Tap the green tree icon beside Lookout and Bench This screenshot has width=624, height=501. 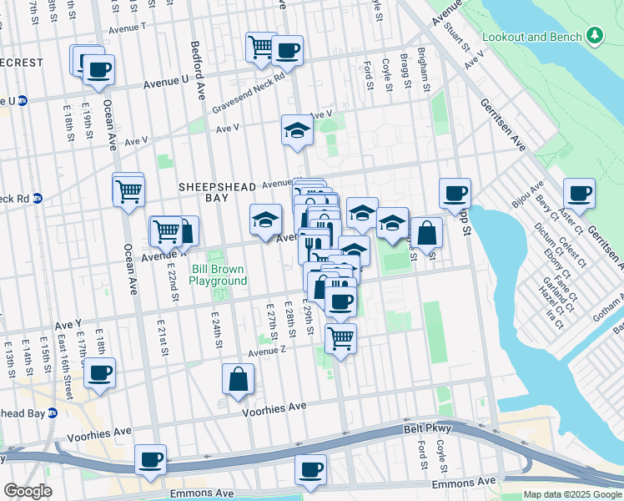594,36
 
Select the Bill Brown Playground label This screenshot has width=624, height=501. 219,276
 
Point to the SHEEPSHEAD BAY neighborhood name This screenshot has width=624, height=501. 213,188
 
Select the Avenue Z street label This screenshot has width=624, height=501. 266,352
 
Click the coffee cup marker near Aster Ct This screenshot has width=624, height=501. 579,194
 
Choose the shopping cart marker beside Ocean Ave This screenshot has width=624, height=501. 128,190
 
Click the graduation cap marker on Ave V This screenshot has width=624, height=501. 296,130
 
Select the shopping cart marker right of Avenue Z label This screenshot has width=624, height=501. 340,337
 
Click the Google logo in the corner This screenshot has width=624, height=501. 28,492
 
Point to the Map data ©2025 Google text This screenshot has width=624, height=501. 572,494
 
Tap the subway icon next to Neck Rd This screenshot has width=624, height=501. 38,199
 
